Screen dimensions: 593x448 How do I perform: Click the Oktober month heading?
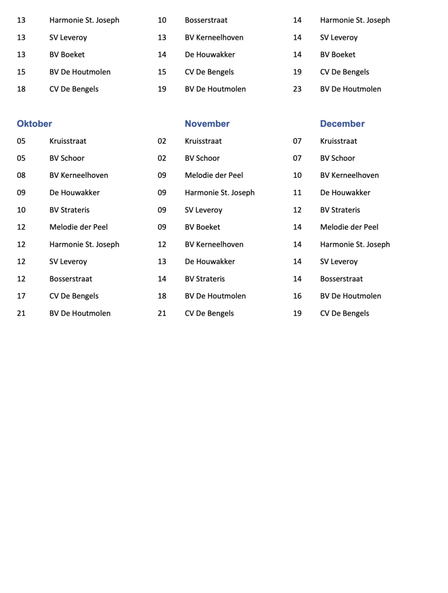click(x=34, y=124)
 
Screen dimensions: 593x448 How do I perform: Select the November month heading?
click(x=207, y=124)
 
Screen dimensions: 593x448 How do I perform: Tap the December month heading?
click(x=342, y=124)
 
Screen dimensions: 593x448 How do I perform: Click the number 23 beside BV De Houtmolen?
click(x=297, y=90)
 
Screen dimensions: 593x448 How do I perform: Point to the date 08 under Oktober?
click(x=21, y=176)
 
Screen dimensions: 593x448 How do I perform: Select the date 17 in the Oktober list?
click(x=21, y=296)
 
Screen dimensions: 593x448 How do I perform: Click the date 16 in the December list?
click(x=297, y=296)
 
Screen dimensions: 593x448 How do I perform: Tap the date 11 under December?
click(x=297, y=193)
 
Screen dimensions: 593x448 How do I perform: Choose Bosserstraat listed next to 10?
click(x=206, y=20)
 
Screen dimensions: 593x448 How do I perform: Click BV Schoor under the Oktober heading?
click(x=67, y=158)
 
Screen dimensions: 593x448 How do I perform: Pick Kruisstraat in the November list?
click(x=203, y=141)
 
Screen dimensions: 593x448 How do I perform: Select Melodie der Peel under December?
click(x=349, y=227)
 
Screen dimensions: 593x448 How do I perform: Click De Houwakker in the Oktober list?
click(x=75, y=193)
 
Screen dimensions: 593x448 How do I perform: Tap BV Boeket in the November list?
click(x=203, y=227)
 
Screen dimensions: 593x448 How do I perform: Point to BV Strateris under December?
click(x=340, y=210)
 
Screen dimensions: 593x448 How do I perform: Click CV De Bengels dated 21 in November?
click(x=209, y=313)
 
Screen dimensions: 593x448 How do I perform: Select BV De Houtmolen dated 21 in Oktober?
click(x=80, y=313)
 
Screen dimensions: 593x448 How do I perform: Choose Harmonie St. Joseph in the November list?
click(x=220, y=193)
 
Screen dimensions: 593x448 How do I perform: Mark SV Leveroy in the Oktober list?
click(x=68, y=262)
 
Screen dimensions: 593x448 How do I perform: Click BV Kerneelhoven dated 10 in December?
click(x=350, y=176)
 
